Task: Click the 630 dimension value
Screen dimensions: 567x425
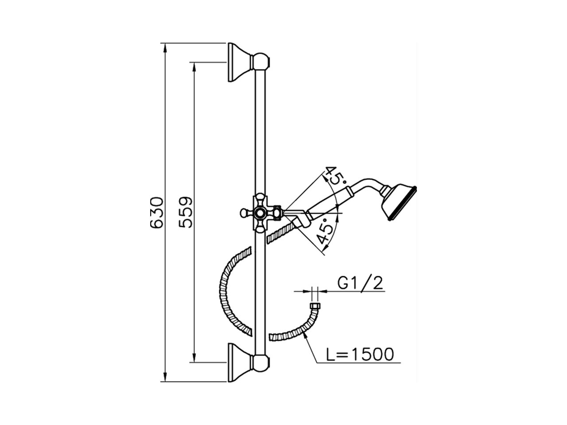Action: pyautogui.click(x=157, y=212)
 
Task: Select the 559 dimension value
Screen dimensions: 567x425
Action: pyautogui.click(x=186, y=212)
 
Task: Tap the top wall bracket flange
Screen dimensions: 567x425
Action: pyautogui.click(x=240, y=62)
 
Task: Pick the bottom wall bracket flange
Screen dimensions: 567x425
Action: pyautogui.click(x=240, y=363)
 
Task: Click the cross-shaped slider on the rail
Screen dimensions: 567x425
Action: pyautogui.click(x=260, y=212)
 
